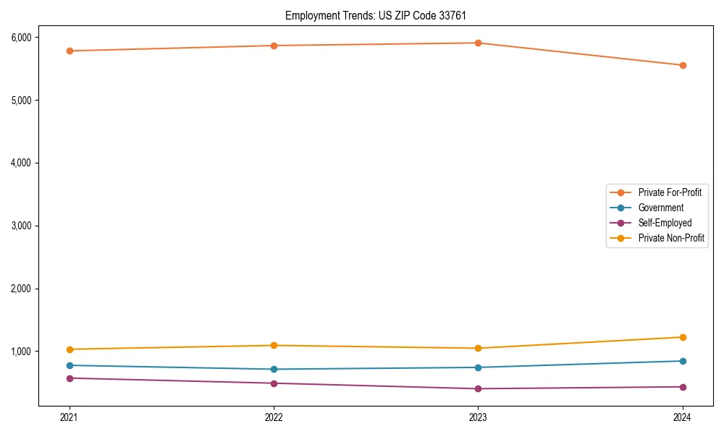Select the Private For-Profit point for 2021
70,51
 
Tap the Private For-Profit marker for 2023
478,43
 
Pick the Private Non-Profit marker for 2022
274,345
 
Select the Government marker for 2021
70,365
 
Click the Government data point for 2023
478,367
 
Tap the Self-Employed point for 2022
274,383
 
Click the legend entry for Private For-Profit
670,192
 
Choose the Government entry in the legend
660,208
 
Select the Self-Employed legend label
665,223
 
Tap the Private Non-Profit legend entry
671,238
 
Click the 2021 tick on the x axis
70,417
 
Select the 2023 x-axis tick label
478,417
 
